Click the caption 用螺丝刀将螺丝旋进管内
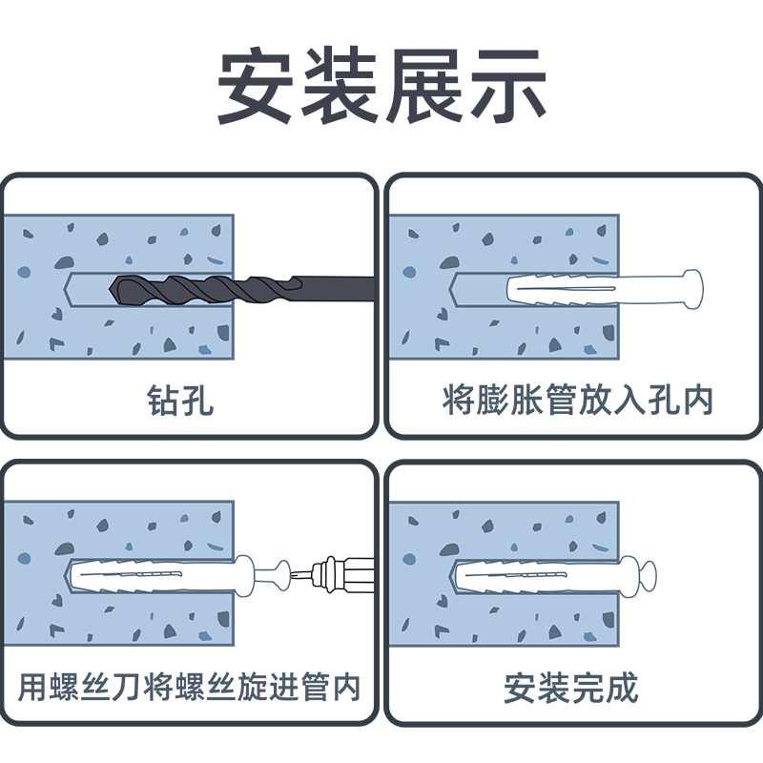click(x=190, y=688)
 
